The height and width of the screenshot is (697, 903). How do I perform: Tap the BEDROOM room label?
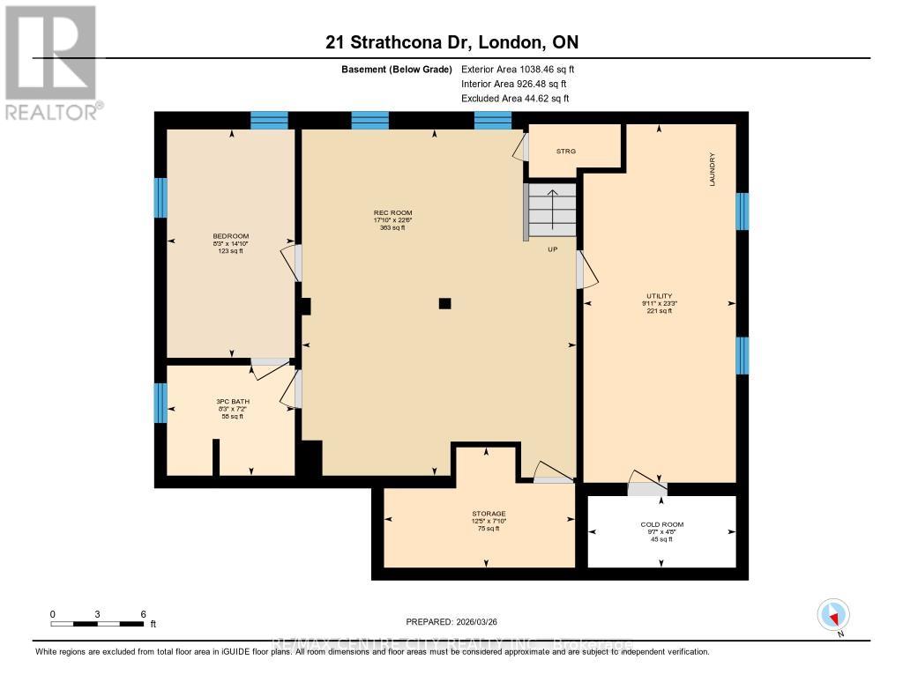[231, 236]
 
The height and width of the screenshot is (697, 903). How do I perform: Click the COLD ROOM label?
[661, 524]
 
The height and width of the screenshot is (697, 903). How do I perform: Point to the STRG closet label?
[565, 152]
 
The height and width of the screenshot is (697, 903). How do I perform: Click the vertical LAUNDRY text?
[711, 169]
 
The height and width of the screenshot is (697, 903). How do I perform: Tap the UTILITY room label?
[659, 296]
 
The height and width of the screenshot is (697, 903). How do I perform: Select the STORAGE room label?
[488, 514]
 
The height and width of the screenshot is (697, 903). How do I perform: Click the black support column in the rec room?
[445, 304]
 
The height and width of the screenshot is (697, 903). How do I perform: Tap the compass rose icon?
[833, 614]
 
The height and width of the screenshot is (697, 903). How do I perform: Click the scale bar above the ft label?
[97, 624]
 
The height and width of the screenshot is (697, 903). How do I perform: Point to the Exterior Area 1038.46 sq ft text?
[519, 69]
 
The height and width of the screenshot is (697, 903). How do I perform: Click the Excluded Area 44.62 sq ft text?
[515, 99]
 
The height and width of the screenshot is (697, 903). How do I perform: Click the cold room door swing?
[646, 486]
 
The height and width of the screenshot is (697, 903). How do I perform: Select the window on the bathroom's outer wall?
[160, 402]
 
